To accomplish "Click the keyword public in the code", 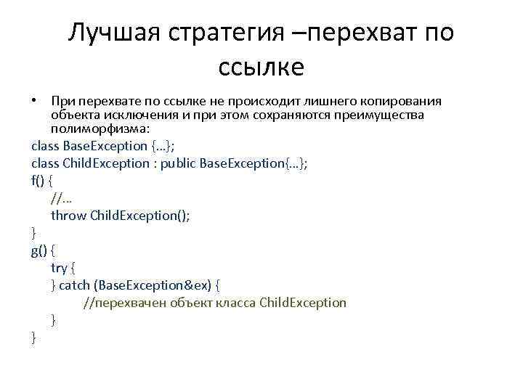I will pos(179,163).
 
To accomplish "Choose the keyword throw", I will pos(68,215).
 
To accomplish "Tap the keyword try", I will pos(59,267).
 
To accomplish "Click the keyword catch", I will pos(74,285).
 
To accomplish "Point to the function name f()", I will pos(38,180).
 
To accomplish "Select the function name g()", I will pos(39,250).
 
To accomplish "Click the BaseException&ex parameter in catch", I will pos(153,285).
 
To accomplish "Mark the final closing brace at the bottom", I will pos(33,337).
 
